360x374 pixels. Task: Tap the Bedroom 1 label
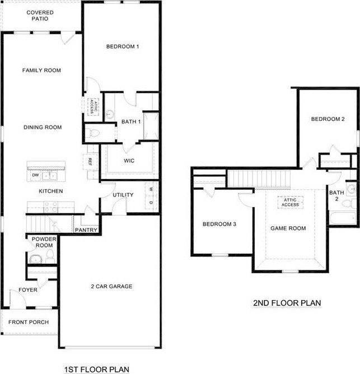[x=123, y=47]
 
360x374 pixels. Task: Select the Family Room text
[x=41, y=71]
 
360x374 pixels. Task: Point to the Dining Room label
[x=43, y=128]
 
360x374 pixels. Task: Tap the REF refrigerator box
[x=90, y=162]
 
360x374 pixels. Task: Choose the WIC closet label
[x=129, y=161]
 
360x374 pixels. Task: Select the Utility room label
[x=123, y=195]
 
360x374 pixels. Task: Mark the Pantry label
[x=86, y=230]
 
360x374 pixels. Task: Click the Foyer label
[x=28, y=290]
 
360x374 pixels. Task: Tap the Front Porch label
[x=29, y=322]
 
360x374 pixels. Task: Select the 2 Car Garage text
[x=111, y=287]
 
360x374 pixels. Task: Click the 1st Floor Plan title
[x=97, y=369]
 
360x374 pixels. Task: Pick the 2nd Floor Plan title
[x=287, y=303]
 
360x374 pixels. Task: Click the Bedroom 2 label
[x=328, y=119]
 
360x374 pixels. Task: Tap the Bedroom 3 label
[x=219, y=225]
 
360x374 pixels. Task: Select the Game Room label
[x=288, y=228]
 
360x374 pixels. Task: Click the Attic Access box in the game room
[x=290, y=202]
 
